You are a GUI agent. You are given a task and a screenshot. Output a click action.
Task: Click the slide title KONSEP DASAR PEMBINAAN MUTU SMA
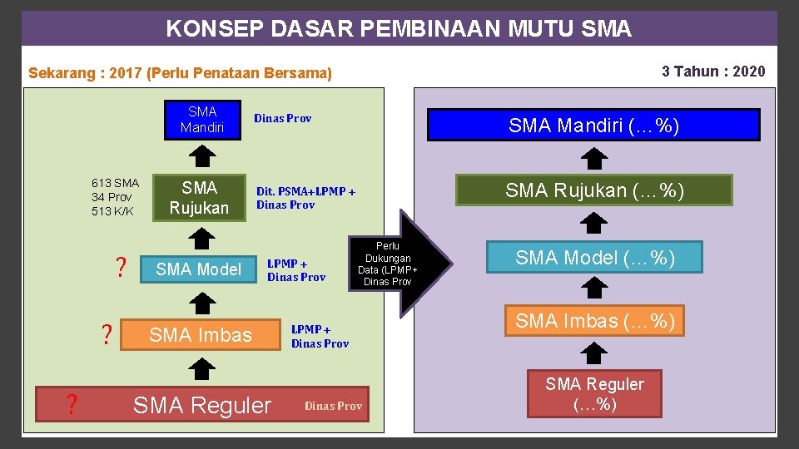tap(399, 28)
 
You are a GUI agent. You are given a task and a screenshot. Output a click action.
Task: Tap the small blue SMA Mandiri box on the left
tap(201, 120)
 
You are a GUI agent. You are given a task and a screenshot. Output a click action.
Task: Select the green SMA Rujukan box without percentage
tap(200, 198)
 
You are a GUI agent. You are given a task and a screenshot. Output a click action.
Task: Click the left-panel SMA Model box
tap(198, 269)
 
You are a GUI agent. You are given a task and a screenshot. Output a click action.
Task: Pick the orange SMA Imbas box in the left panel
tap(200, 334)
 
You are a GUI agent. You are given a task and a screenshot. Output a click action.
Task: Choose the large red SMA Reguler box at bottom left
tap(201, 405)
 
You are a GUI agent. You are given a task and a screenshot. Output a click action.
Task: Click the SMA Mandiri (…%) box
tap(593, 126)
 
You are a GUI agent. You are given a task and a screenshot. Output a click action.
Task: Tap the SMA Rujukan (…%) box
tap(593, 190)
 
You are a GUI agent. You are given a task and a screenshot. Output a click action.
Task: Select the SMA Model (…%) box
tap(594, 258)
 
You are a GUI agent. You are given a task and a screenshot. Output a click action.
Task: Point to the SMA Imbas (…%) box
tap(594, 320)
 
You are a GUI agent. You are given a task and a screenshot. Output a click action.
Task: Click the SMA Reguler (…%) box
tap(594, 393)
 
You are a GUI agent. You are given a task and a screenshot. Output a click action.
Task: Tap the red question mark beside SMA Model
tap(121, 268)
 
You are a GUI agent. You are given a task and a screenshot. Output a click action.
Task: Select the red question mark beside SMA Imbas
tap(107, 334)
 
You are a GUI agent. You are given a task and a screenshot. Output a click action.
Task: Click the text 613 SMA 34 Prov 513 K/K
tap(115, 197)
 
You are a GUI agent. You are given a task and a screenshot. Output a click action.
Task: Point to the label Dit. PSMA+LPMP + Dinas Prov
tap(305, 198)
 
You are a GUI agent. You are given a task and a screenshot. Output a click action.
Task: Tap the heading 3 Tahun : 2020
tap(712, 72)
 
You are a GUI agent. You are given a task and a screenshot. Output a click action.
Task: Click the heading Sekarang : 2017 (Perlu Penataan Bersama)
tap(180, 73)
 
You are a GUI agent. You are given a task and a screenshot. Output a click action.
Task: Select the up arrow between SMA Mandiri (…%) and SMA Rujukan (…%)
tap(593, 158)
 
